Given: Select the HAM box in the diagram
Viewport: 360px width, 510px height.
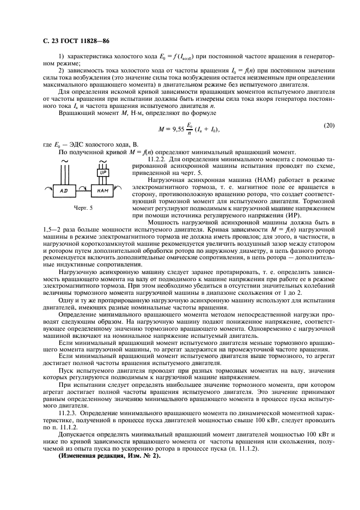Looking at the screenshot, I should (x=103, y=191).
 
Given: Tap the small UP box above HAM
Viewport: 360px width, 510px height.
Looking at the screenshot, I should (x=103, y=172).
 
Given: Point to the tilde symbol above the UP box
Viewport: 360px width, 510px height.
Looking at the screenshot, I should (x=103, y=162).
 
